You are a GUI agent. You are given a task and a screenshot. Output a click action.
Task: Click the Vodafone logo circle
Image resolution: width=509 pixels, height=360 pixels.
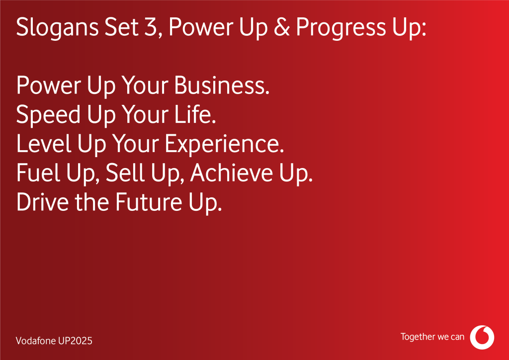tap(482, 337)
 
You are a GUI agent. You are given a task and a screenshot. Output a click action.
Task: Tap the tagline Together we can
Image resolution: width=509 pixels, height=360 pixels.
tap(432, 337)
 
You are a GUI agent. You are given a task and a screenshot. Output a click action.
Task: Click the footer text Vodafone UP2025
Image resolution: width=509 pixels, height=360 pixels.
tap(54, 341)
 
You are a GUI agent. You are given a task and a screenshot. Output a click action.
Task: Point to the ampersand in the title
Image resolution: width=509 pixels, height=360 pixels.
tap(282, 27)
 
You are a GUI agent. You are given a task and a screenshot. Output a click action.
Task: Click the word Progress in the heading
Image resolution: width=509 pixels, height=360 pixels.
tap(341, 28)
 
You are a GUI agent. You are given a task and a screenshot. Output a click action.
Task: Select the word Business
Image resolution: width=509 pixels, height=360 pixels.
tap(222, 86)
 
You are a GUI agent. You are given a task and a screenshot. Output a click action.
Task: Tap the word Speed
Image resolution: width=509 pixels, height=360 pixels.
tap(48, 115)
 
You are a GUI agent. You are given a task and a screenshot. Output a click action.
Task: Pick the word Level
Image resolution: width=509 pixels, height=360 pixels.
tap(44, 144)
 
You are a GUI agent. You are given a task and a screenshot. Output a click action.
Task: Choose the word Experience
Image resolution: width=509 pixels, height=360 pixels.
tap(224, 145)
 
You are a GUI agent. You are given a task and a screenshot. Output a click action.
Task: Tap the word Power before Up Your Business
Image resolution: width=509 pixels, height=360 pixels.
tap(48, 86)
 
